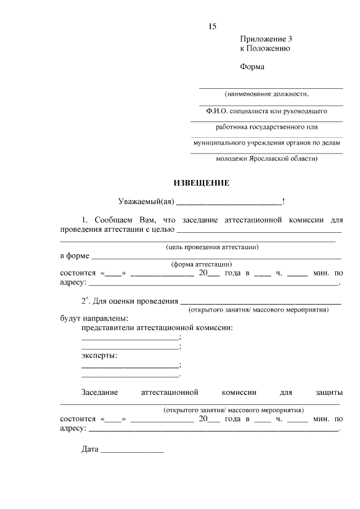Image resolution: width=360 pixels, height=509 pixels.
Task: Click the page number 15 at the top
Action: [212, 26]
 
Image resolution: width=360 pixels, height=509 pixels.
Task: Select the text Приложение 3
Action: [266, 39]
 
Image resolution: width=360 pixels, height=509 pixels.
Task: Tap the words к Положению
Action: [264, 48]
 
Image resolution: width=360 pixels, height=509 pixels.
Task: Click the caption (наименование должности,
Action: [267, 93]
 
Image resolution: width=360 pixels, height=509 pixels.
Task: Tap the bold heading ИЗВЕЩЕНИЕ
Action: [201, 183]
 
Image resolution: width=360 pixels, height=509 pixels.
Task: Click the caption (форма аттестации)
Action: [201, 264]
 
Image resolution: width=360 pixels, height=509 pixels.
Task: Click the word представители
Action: [107, 327]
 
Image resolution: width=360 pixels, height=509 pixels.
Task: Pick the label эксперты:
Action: [100, 355]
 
